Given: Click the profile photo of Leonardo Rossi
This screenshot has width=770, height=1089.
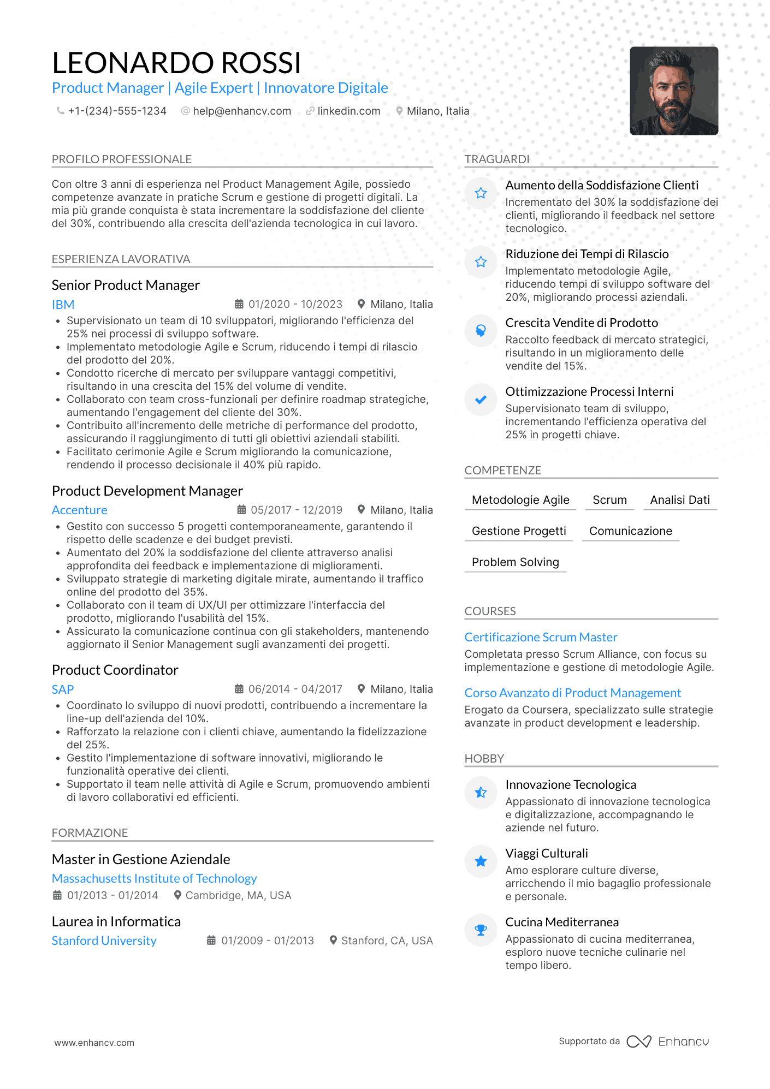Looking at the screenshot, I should point(673,91).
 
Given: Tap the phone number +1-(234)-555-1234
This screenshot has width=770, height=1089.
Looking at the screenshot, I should point(117,111).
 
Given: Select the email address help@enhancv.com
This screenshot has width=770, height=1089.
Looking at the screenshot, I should point(241,111).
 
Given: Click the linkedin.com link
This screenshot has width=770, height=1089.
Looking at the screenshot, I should point(348,111).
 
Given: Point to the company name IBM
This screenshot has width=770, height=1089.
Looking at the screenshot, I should point(63,305).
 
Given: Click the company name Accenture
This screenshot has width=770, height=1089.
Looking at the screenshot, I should point(79,510).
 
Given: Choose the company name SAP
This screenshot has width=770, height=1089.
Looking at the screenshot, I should point(62,689).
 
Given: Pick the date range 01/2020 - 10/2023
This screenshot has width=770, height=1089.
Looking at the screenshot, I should point(295,304).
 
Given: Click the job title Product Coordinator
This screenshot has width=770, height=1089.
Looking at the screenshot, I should point(115,670).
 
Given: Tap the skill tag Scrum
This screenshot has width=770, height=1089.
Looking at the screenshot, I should point(609,500).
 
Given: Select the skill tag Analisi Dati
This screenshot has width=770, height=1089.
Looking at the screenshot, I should point(679,500).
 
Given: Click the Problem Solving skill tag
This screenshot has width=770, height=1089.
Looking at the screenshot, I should point(515,562).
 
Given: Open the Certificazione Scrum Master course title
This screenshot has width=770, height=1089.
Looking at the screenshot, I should point(541,637).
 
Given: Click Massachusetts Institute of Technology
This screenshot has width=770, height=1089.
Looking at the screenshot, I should point(154,878).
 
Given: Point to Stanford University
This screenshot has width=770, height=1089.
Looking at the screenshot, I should point(104,941).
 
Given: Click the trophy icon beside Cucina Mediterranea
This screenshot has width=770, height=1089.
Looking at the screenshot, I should point(481,930).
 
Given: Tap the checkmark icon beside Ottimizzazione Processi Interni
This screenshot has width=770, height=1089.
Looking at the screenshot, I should point(481,400).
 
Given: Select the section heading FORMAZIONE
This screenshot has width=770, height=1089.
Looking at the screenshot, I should point(90,832).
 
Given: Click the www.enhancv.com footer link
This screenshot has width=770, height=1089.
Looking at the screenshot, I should point(94,1043).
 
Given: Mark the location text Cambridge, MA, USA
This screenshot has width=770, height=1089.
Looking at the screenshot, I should point(238,895).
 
